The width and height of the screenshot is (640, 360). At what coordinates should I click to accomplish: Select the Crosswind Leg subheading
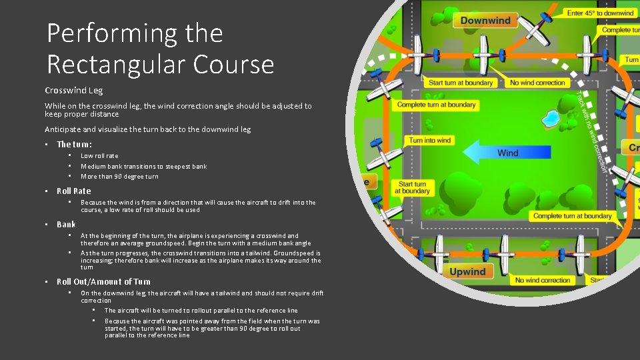click(x=74, y=90)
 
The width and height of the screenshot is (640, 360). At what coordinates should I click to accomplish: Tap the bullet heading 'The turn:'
click(x=74, y=144)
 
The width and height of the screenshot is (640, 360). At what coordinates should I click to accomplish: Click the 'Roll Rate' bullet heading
click(x=73, y=191)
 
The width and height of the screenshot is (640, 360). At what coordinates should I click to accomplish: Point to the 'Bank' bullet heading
click(x=66, y=224)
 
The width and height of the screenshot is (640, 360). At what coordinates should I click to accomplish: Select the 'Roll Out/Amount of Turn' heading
click(x=103, y=281)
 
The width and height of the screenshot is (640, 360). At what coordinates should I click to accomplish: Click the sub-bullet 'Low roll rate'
click(x=99, y=156)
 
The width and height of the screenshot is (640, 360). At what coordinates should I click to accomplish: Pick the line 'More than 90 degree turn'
click(x=119, y=177)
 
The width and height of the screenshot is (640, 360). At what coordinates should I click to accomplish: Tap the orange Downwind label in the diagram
click(x=485, y=21)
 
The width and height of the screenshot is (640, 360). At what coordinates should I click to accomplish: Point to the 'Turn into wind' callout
click(x=430, y=141)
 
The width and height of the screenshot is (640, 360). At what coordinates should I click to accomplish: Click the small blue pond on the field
click(x=551, y=119)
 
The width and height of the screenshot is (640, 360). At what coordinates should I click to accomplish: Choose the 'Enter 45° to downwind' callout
click(x=600, y=13)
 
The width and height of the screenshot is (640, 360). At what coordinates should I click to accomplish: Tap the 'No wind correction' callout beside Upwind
click(x=543, y=281)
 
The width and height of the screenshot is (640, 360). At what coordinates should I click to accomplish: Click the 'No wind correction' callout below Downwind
click(x=537, y=83)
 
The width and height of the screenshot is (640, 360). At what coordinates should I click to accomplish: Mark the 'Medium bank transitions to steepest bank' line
click(x=143, y=167)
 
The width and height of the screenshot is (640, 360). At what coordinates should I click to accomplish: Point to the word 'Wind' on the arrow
click(x=507, y=153)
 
